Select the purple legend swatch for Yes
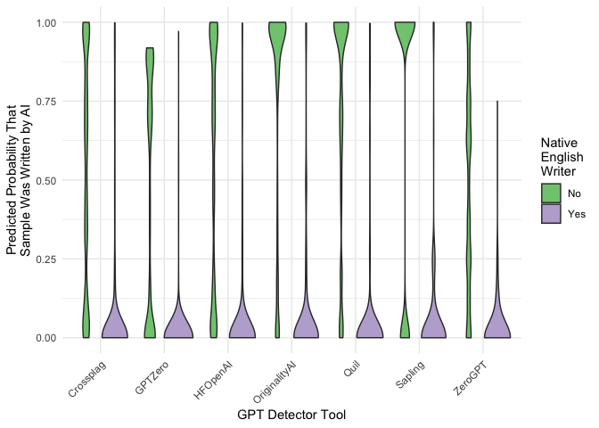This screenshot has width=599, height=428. (551, 214)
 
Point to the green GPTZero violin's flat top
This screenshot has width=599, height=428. (150, 50)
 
